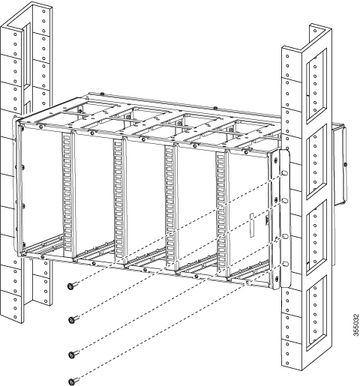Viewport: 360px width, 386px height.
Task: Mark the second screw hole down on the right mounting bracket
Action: tap(285, 201)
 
